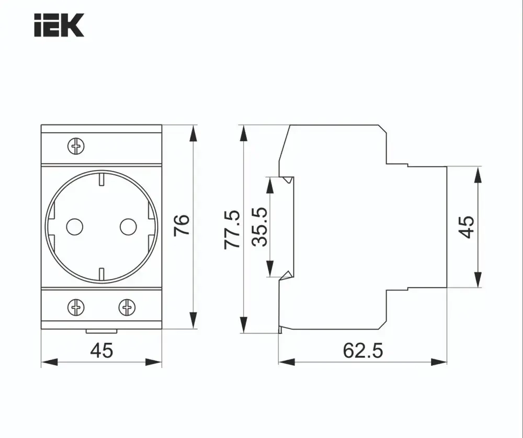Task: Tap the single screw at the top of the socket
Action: click(x=76, y=145)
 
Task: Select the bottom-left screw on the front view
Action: click(x=76, y=307)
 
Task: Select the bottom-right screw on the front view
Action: click(x=127, y=307)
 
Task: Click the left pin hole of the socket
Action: click(x=74, y=227)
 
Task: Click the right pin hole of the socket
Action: click(x=128, y=227)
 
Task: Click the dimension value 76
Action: click(x=181, y=226)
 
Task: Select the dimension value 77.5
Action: click(x=232, y=229)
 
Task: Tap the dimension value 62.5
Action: click(x=362, y=350)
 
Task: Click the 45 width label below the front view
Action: click(x=101, y=350)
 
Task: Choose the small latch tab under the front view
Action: click(x=101, y=331)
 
